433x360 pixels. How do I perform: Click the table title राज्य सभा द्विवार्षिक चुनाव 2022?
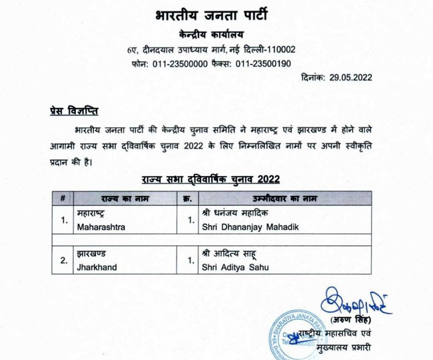click(210, 179)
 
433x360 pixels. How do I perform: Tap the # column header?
click(62, 198)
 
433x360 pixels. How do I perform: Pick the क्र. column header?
click(187, 198)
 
